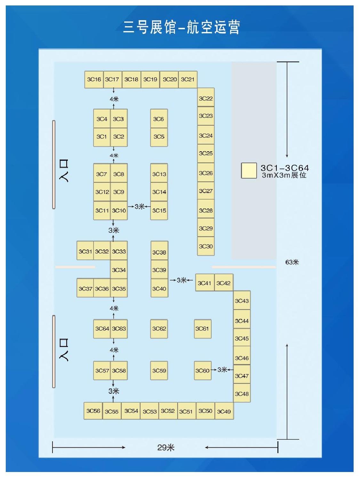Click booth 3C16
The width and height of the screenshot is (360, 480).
[94, 79]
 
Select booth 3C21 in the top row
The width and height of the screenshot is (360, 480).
[188, 79]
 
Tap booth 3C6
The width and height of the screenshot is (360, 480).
[159, 119]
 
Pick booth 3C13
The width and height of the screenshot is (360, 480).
[159, 174]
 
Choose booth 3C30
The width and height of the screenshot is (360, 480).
[205, 246]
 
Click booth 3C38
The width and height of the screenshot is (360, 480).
[159, 252]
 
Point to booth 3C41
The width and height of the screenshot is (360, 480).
[204, 283]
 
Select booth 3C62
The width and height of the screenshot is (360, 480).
[159, 329]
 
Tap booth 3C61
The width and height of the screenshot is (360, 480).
[202, 329]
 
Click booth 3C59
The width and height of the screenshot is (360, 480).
[159, 371]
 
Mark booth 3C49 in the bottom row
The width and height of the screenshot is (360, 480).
[224, 411]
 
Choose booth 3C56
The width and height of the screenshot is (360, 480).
[93, 411]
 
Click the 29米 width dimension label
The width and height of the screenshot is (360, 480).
[166, 447]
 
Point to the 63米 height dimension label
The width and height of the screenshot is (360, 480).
[292, 262]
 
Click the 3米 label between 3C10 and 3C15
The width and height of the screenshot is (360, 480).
[139, 207]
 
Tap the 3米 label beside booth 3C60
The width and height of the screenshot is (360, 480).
[222, 370]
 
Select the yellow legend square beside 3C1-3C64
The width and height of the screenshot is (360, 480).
[249, 171]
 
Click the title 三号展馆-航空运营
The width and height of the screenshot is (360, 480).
[181, 27]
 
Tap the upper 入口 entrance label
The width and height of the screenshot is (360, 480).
[64, 170]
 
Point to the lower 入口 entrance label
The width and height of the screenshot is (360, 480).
[64, 350]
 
